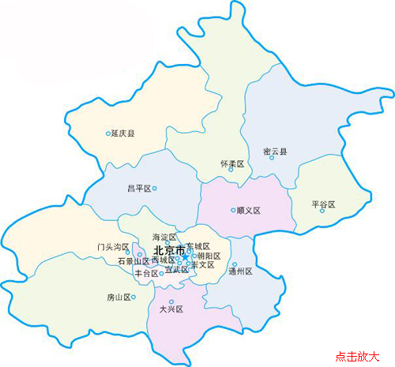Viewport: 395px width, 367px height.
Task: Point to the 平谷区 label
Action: pos(324,204)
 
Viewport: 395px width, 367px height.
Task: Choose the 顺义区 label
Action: pos(249,211)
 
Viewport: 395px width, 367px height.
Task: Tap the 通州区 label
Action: pos(239,272)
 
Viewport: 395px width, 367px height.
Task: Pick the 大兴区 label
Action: pos(171,309)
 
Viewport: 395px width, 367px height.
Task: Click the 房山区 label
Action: pos(118,298)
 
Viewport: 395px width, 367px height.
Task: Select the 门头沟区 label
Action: pos(113,247)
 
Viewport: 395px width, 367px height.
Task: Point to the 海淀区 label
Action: pos(164,237)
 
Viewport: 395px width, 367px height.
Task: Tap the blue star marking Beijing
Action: pos(185,257)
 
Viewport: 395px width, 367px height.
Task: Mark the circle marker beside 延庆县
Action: pos(108,134)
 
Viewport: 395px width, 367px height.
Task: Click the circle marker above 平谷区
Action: pos(322,211)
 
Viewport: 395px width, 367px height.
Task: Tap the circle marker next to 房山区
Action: pos(134,298)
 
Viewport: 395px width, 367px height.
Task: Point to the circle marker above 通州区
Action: pos(235,264)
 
